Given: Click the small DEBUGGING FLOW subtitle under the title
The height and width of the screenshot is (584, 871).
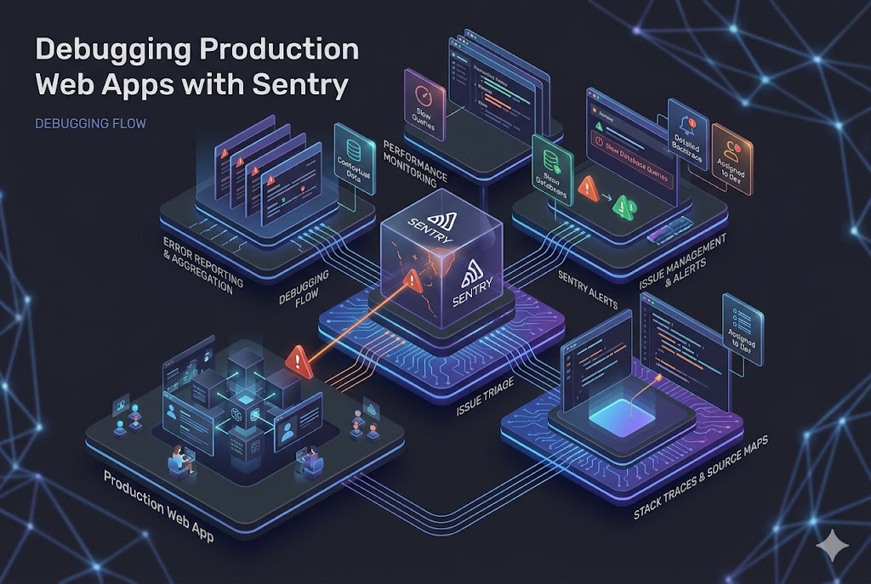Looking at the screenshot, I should coord(91,123).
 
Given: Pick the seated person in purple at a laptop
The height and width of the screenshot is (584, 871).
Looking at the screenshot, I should coord(181,459).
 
